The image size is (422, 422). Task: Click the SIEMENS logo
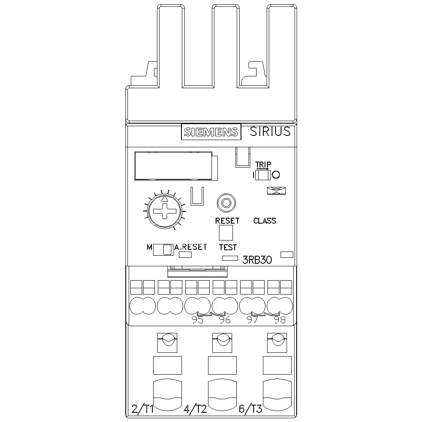coord(211,132)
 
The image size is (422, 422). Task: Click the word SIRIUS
coord(270,131)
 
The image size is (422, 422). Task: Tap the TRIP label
coord(263,165)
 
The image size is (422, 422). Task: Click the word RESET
coord(227,221)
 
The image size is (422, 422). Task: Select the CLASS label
coord(265,221)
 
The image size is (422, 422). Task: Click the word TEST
coord(227,247)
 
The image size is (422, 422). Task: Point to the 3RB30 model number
coord(257,260)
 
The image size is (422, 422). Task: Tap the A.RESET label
coord(191,247)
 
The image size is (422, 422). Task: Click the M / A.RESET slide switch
coord(163,249)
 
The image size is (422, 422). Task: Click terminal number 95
coord(197,320)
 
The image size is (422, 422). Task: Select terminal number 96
coord(225,320)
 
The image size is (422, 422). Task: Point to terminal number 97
coord(252,320)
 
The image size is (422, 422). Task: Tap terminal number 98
coord(279,320)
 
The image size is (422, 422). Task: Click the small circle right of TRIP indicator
coord(276,174)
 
